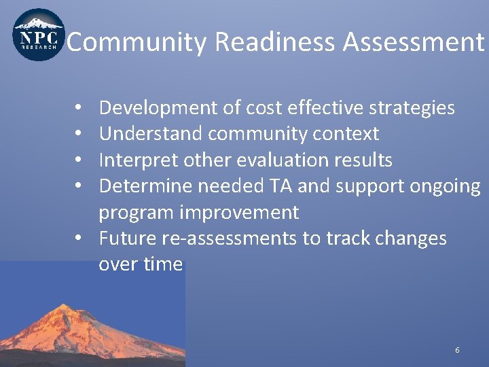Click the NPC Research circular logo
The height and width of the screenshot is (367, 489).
pos(39,35)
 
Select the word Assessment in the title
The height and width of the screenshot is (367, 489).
pos(413,42)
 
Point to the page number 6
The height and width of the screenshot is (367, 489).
pos(457,350)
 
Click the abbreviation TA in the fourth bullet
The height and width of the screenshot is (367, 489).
pos(278,186)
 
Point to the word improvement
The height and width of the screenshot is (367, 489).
pos(238,213)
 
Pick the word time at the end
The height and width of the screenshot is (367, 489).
pos(163,264)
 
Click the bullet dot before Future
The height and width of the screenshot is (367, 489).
pos(79,239)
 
